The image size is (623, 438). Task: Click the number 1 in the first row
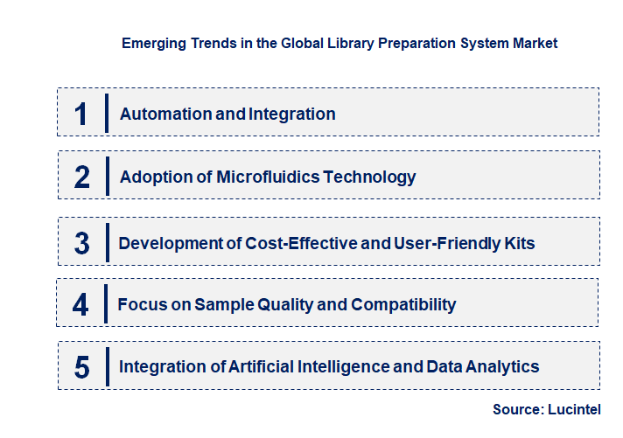[x=81, y=114]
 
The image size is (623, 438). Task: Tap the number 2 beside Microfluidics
[x=82, y=177]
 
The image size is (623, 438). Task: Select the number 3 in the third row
[x=82, y=243]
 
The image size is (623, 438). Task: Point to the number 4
[x=80, y=305]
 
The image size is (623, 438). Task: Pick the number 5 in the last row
[x=82, y=367]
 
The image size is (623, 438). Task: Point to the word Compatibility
[x=403, y=305]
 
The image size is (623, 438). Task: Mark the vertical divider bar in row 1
[x=106, y=114]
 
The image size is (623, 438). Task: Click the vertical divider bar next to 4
[x=105, y=305]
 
